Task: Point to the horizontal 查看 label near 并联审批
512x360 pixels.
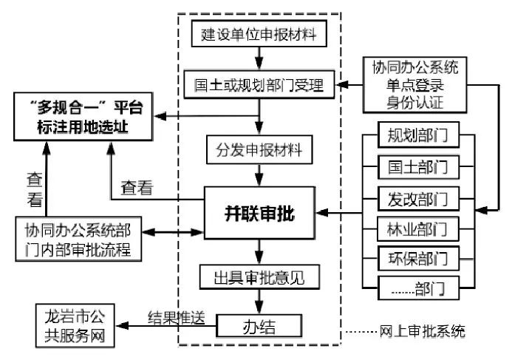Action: [137, 188]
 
